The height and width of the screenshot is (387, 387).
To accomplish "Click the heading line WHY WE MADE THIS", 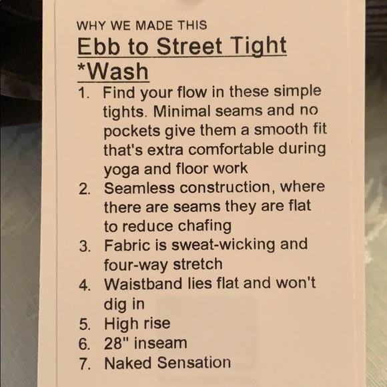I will pyautogui.click(x=142, y=26).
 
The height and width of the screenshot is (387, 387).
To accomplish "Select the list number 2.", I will pyautogui.click(x=83, y=189).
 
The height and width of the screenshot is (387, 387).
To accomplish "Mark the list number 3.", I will pyautogui.click(x=84, y=246).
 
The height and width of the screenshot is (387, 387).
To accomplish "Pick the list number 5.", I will pyautogui.click(x=84, y=324).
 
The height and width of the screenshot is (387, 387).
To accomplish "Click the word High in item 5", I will pyautogui.click(x=119, y=324).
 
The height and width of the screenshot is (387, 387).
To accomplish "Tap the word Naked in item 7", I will pyautogui.click(x=127, y=363).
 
